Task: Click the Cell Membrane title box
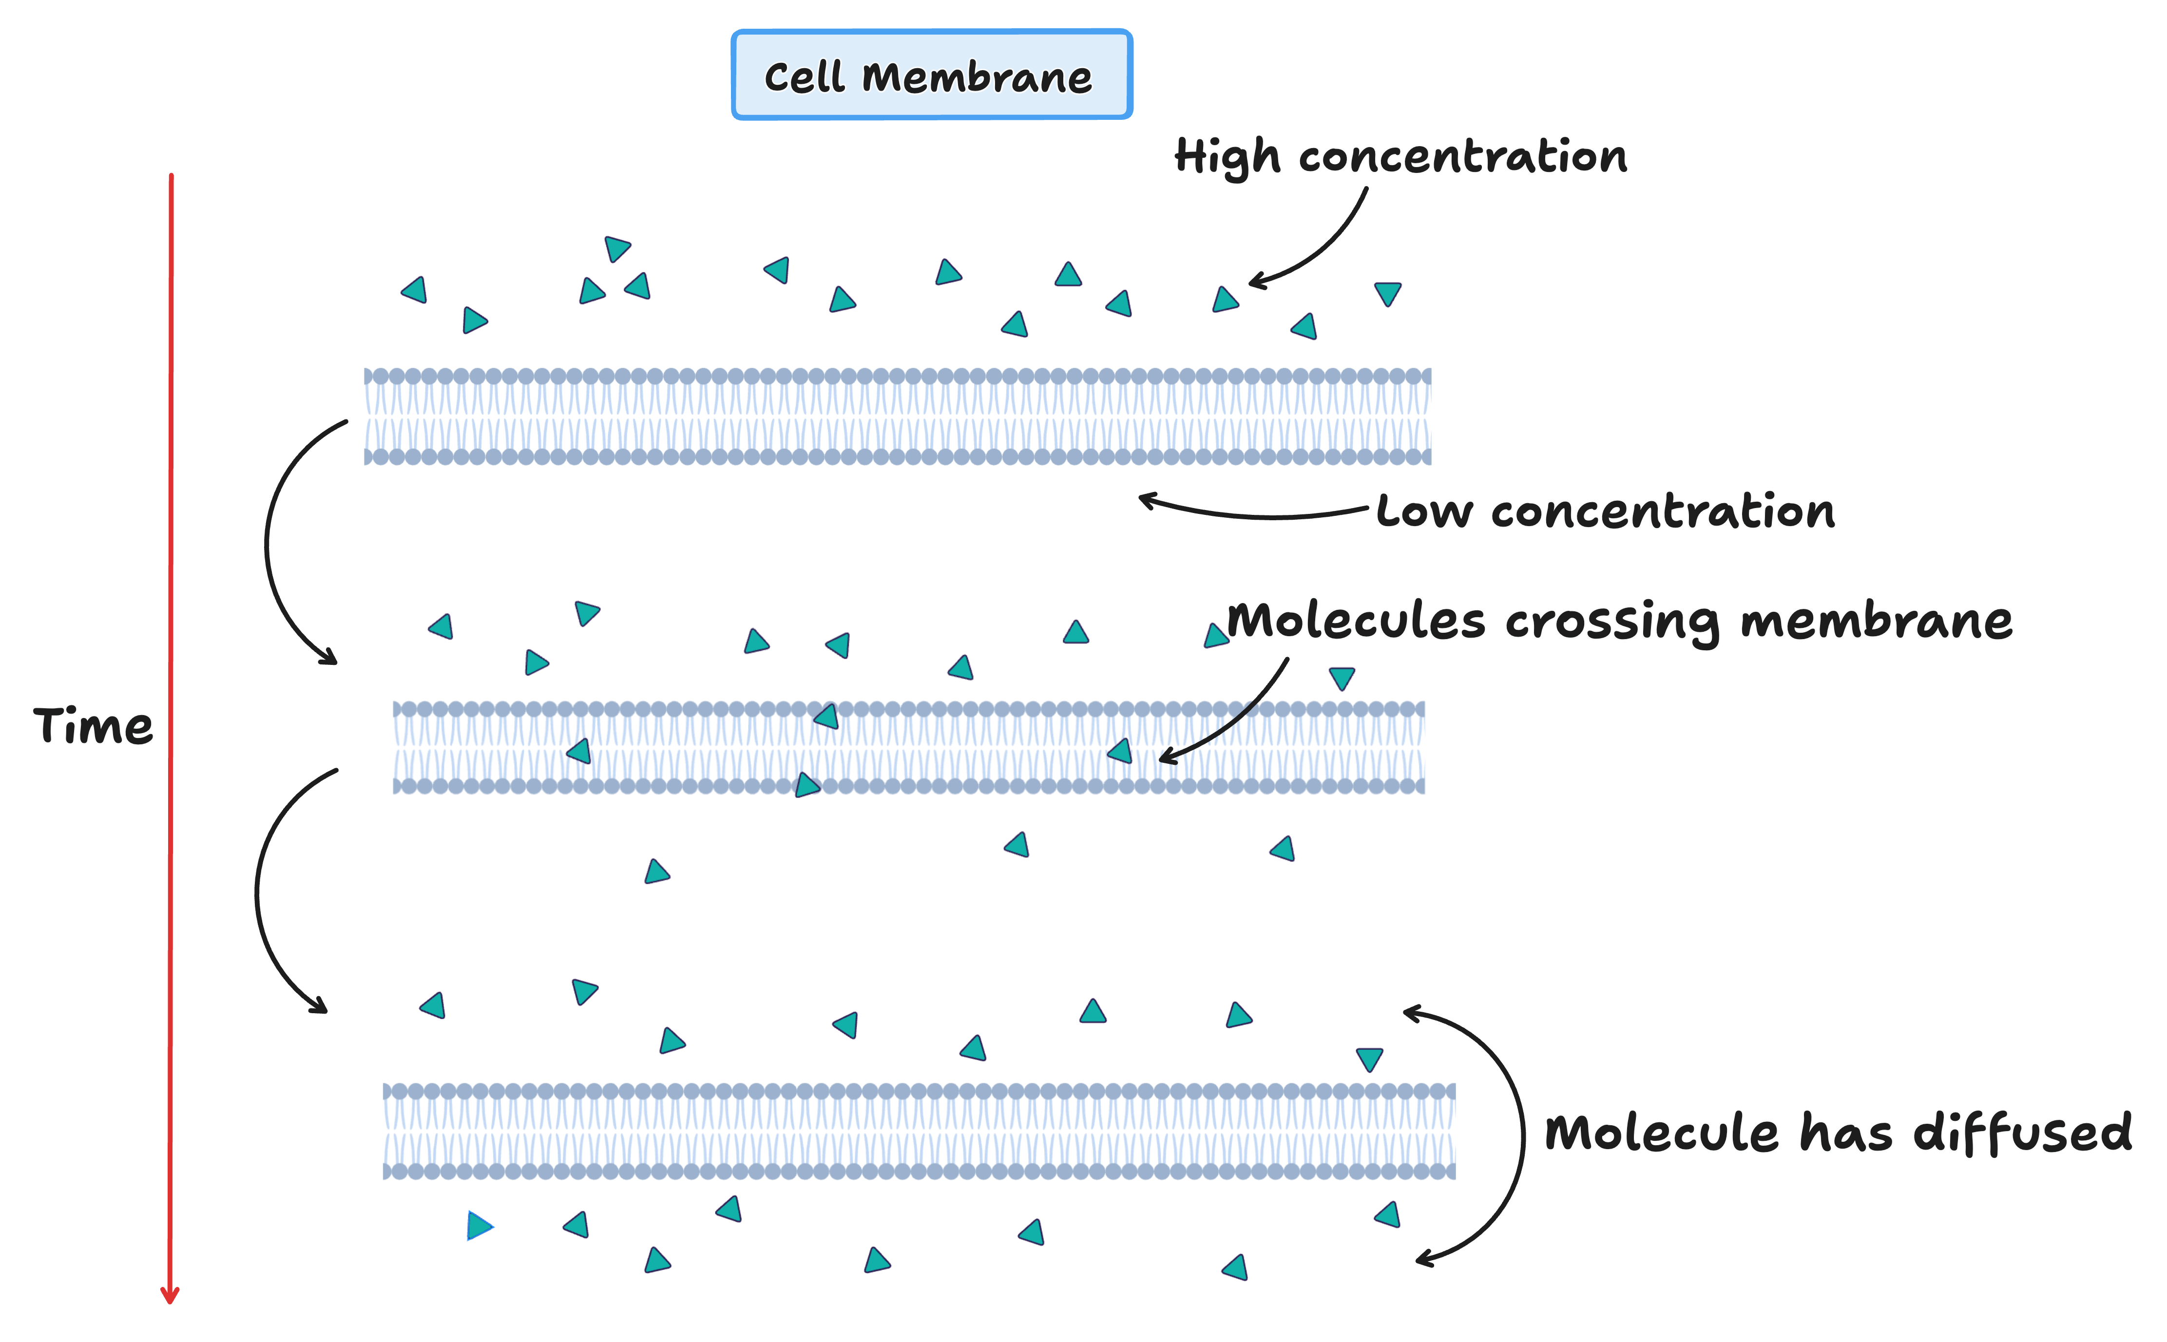coord(931,75)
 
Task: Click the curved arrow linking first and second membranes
coord(267,541)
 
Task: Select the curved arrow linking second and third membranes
coord(257,892)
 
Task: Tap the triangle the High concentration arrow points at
coord(1225,300)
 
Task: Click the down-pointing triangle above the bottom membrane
coord(1370,1059)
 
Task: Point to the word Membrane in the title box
coord(977,77)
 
